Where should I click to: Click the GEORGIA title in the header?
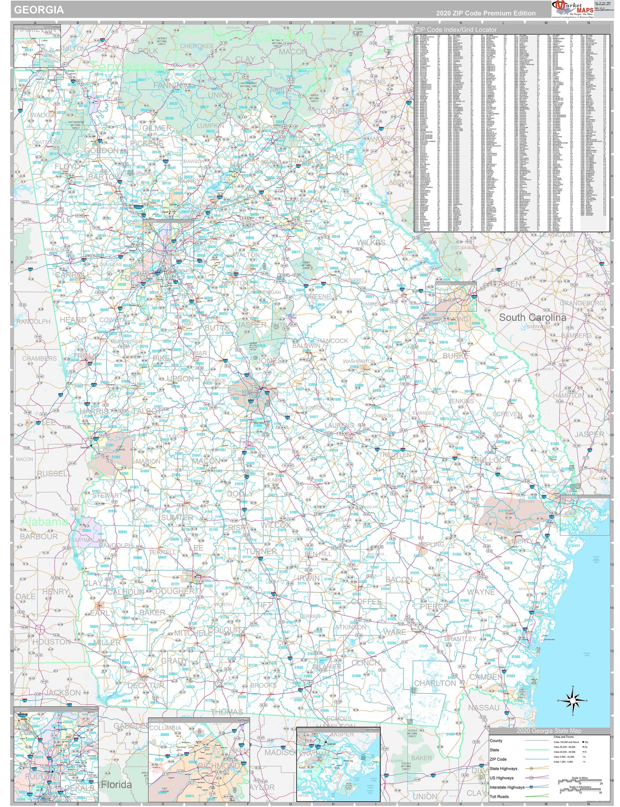(x=39, y=10)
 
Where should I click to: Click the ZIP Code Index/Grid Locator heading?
(x=456, y=29)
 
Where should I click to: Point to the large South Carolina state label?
(x=532, y=317)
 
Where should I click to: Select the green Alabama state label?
(x=44, y=522)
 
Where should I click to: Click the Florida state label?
(x=116, y=785)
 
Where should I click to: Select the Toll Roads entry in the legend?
(x=499, y=796)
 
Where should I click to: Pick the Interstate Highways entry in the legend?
(x=507, y=787)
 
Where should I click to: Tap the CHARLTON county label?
(x=435, y=683)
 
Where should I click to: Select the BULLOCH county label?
(x=493, y=460)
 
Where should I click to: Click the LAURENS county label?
(x=339, y=425)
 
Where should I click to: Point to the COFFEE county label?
(x=366, y=602)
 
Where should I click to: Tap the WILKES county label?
(x=371, y=243)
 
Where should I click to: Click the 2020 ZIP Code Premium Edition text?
(x=486, y=13)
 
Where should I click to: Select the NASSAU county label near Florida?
(x=484, y=707)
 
